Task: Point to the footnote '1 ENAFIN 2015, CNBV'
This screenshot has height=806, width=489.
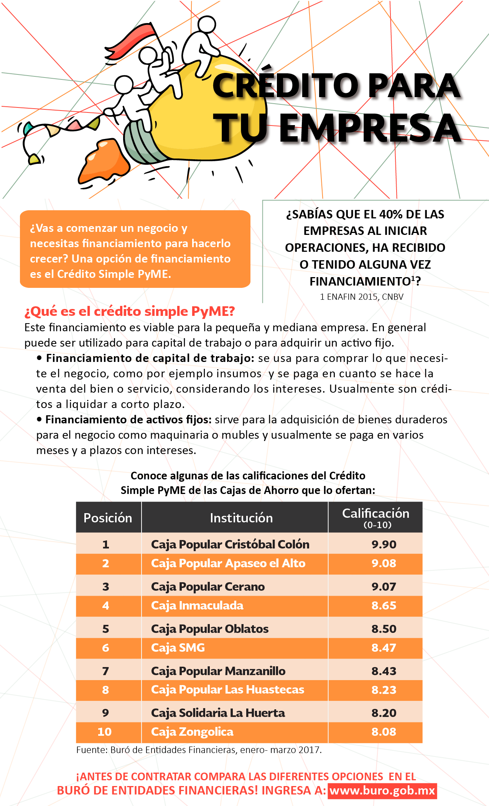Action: (362, 297)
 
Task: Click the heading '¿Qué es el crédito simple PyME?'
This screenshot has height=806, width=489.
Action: (129, 311)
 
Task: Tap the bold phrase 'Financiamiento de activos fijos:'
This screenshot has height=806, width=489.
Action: (128, 420)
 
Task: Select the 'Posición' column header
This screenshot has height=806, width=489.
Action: (108, 518)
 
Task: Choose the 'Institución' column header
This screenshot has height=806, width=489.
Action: (241, 518)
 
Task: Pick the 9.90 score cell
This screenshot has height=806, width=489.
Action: (384, 544)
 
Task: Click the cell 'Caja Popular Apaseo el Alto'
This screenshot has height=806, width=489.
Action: (228, 563)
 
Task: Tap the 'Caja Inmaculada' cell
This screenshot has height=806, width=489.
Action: (197, 606)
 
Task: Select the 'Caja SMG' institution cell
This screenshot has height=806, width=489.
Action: (178, 648)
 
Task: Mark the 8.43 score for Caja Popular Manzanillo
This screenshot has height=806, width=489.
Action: (384, 671)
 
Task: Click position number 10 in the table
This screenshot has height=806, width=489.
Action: (105, 732)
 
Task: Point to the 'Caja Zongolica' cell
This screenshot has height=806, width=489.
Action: (192, 732)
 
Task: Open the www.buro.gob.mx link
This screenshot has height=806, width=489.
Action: (382, 791)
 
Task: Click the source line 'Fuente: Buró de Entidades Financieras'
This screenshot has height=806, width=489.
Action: (199, 750)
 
